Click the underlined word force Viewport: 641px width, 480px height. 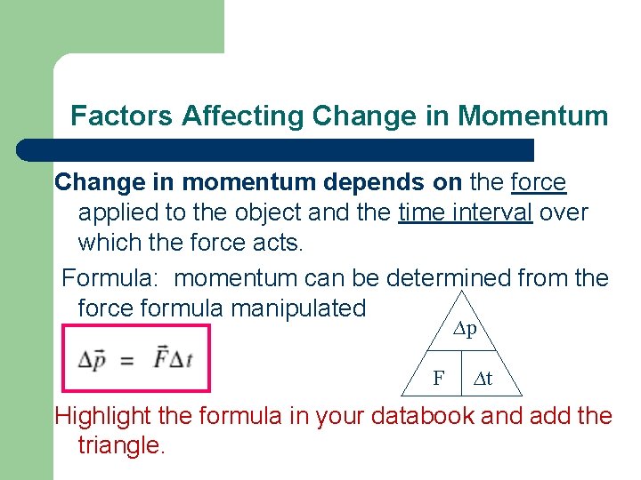click(x=539, y=182)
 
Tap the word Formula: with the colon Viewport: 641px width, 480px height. click(x=110, y=278)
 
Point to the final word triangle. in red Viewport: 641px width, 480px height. click(x=121, y=445)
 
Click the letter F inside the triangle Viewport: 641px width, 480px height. click(x=439, y=379)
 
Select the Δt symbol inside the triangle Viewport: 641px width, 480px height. click(x=483, y=379)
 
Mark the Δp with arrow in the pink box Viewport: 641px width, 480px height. click(x=93, y=359)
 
